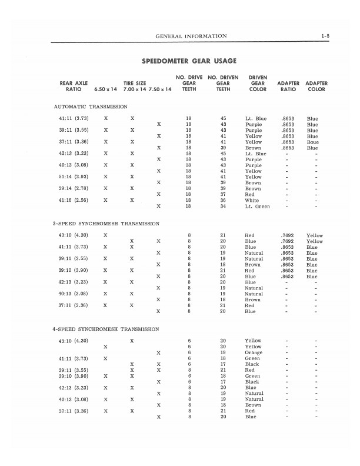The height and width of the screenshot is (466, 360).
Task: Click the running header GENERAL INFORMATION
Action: click(191, 36)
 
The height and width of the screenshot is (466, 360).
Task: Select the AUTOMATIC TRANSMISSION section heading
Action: click(91, 106)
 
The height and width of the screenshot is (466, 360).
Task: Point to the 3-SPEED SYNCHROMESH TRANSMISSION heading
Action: click(106, 224)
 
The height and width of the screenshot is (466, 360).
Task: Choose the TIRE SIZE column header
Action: click(134, 84)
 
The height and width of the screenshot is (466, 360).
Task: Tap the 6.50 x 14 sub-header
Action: click(105, 90)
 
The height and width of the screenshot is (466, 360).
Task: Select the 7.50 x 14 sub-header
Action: click(159, 90)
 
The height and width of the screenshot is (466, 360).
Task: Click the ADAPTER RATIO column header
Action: click(288, 86)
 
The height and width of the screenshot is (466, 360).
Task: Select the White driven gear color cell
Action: click(252, 200)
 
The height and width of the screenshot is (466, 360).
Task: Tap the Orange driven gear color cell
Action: click(254, 352)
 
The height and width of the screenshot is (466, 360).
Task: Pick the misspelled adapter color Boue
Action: click(312, 142)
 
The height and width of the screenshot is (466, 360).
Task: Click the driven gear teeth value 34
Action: click(223, 207)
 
